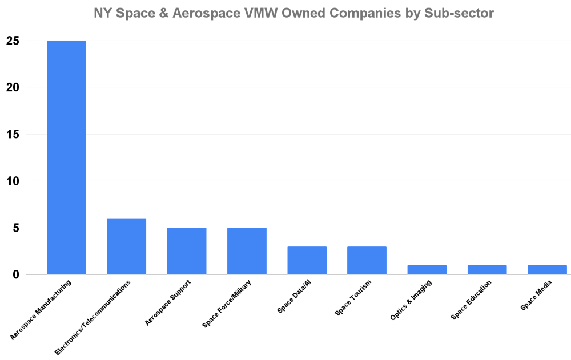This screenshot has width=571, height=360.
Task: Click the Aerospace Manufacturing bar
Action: [x=66, y=157]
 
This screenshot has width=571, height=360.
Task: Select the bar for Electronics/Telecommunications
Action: [x=126, y=246]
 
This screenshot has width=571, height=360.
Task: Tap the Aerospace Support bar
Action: [x=187, y=251]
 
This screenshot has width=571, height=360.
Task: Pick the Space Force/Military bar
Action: [x=247, y=251]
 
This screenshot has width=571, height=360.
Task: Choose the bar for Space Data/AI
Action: [x=307, y=261]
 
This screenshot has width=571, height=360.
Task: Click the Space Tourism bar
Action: [x=367, y=261]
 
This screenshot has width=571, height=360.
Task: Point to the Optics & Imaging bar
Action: [x=427, y=270]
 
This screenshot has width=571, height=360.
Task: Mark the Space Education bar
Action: [x=487, y=270]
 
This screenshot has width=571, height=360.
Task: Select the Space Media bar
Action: [x=547, y=270]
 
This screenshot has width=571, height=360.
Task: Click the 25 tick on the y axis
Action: [x=13, y=41]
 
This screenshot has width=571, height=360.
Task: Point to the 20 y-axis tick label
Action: [x=13, y=88]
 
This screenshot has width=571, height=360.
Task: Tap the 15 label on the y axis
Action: [x=13, y=135]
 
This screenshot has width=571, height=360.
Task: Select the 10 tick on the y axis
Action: [x=13, y=181]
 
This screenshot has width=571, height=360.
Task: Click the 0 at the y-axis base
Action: [x=16, y=275]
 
